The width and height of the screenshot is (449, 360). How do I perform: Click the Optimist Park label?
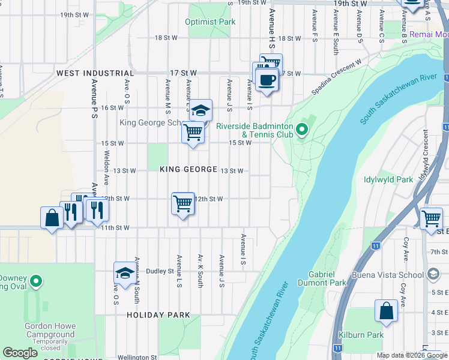(x=210, y=22)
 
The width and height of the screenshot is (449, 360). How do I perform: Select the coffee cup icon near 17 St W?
(x=267, y=79)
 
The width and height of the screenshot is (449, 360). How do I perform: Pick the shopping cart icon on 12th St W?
(x=182, y=203)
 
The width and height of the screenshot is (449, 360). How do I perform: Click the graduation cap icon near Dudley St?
(x=124, y=273)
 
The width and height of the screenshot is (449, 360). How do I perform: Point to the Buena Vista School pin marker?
(x=432, y=274)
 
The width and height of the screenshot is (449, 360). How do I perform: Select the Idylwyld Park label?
(x=388, y=179)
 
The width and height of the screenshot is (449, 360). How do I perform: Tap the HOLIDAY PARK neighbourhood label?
(x=158, y=315)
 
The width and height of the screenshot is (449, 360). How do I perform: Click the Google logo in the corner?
(x=20, y=353)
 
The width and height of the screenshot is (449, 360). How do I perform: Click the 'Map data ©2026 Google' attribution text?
(x=411, y=355)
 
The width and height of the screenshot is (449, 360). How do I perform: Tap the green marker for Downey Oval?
(x=36, y=281)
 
